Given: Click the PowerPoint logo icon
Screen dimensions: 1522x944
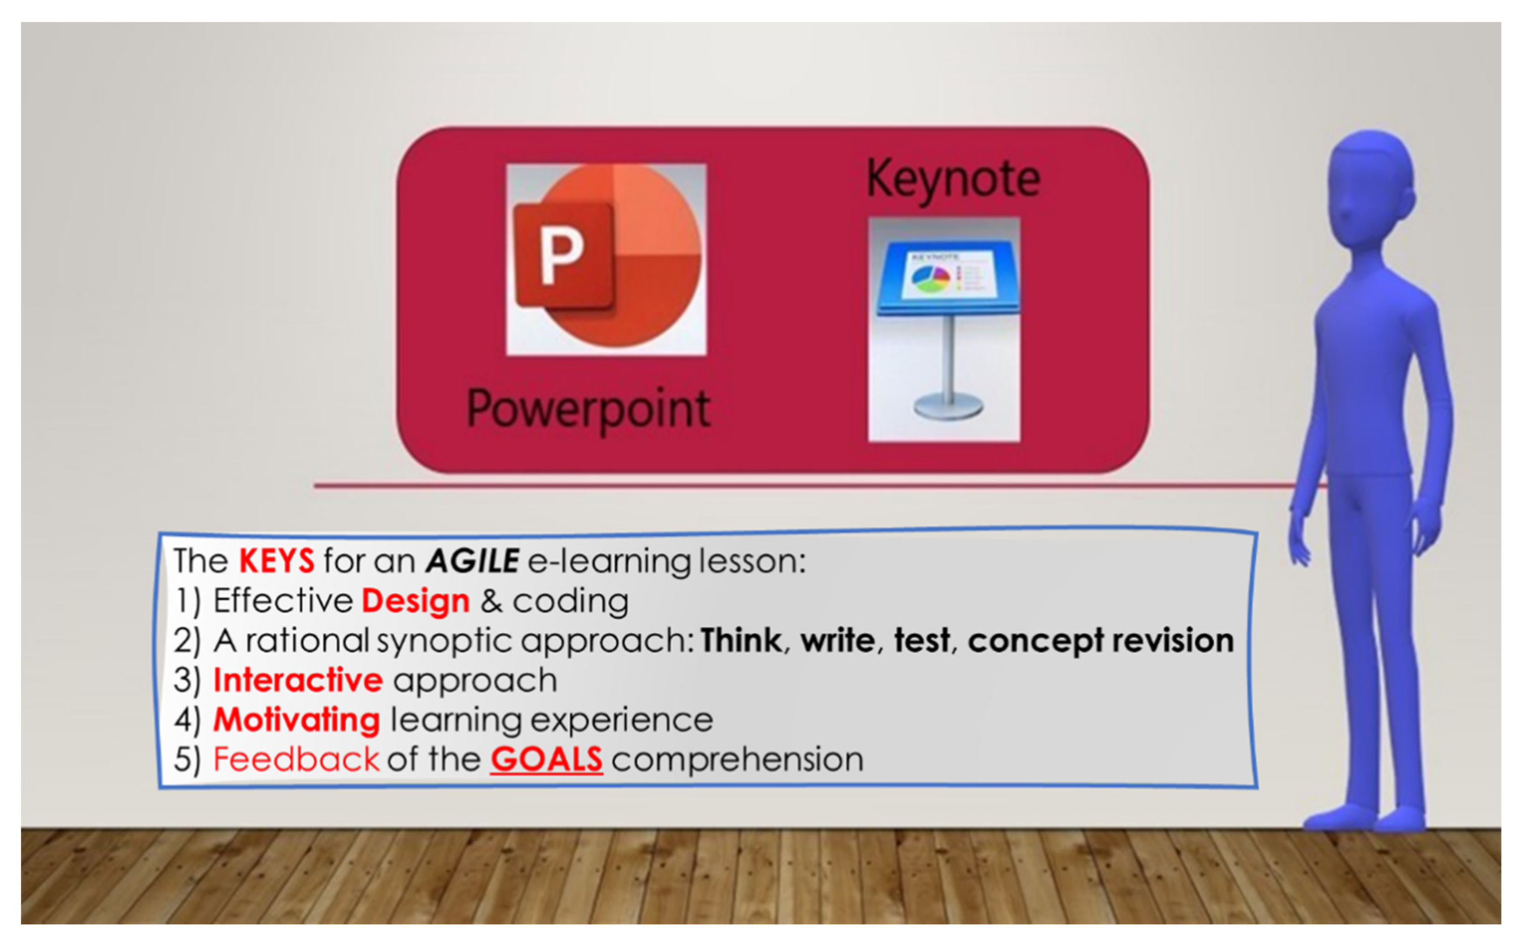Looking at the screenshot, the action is point(606,259).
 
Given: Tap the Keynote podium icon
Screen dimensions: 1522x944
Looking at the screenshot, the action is point(944,329).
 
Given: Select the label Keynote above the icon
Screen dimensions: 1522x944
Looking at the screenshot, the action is point(953,179).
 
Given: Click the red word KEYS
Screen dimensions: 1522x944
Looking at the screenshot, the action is point(276,561).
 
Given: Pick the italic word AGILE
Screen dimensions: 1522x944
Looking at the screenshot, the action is point(472,561).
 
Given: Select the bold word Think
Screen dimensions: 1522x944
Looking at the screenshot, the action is point(741,640).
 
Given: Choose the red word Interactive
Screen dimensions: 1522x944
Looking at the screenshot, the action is point(297,680).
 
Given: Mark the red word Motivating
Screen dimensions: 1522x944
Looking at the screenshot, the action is point(297,720).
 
